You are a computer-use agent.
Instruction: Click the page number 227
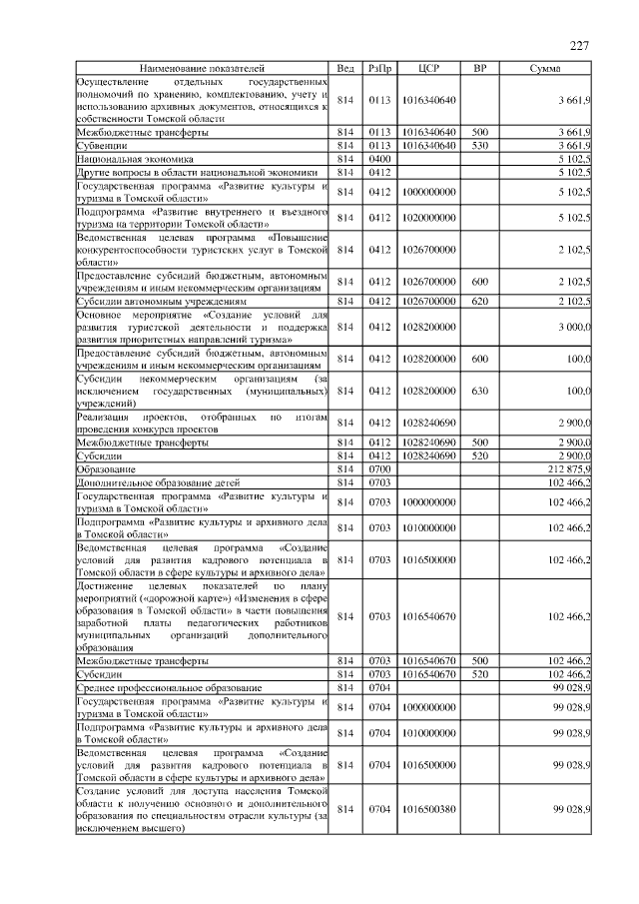pos(579,45)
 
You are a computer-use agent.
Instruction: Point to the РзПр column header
pos(379,68)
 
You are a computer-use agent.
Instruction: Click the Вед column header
pos(345,68)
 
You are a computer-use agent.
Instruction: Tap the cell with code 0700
pos(379,468)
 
